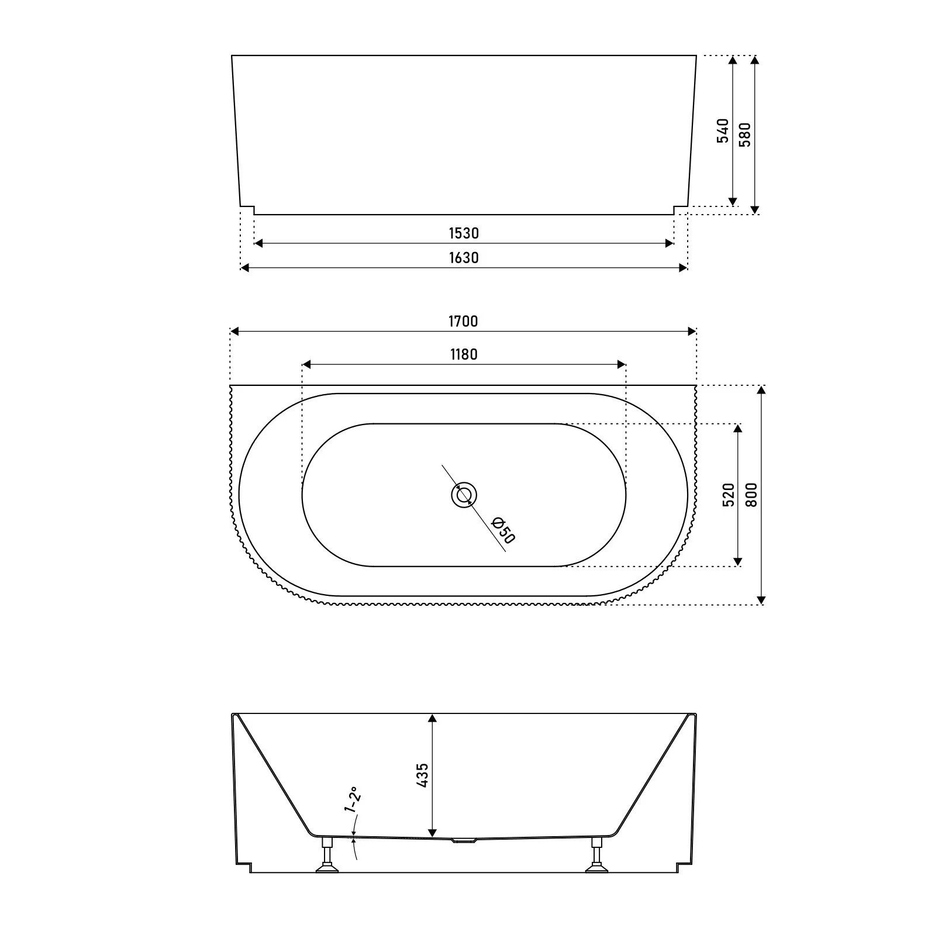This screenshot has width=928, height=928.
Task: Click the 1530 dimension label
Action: click(464, 233)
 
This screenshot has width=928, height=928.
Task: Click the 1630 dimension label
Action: click(464, 258)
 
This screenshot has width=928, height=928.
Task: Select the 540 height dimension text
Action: click(723, 131)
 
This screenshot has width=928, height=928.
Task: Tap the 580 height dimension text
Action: click(745, 134)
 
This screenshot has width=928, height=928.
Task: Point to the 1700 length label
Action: click(463, 322)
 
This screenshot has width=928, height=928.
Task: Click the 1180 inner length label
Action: click(464, 355)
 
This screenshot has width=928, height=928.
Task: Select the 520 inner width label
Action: click(729, 495)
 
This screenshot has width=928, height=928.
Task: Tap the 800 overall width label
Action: click(752, 495)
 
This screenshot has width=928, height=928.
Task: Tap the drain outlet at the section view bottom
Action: click(465, 841)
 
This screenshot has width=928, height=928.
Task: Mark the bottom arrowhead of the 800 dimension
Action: click(761, 599)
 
